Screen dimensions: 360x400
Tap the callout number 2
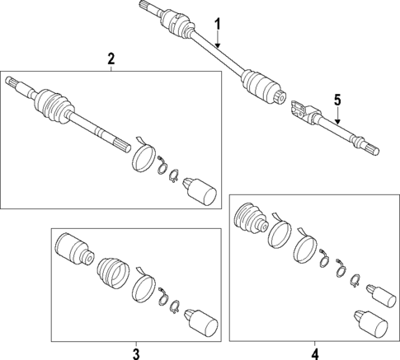pos(111,59)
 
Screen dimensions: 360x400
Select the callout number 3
pos(136,354)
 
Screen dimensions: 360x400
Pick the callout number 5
pos(336,99)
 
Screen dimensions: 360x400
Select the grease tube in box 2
pos(201,190)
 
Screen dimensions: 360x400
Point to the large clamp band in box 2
pos(144,157)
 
